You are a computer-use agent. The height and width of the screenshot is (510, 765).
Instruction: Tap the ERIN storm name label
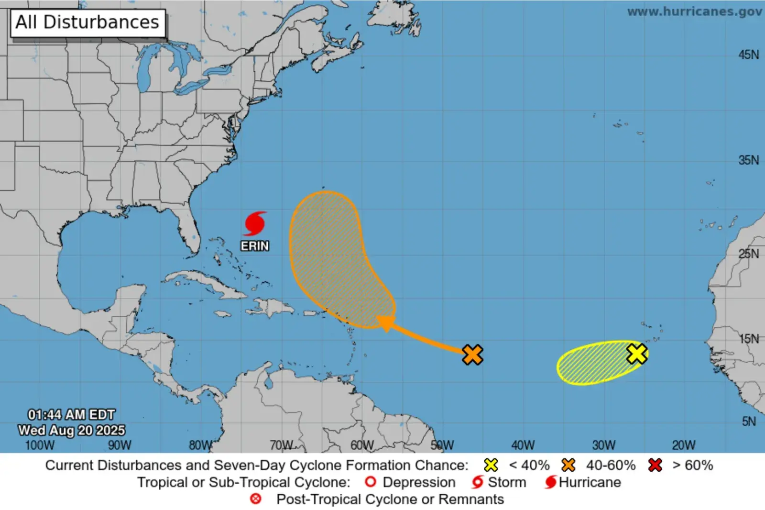point(255,246)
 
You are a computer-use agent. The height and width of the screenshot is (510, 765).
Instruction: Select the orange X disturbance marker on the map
point(472,355)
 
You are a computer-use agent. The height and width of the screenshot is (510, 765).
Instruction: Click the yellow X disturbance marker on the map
point(637,354)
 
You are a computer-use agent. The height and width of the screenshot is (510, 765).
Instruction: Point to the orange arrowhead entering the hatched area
point(385,323)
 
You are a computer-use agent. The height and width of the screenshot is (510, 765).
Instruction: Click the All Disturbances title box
point(87,22)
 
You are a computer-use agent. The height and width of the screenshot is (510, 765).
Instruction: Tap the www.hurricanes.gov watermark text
point(694,11)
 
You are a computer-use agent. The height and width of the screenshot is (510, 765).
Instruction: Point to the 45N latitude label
point(748,55)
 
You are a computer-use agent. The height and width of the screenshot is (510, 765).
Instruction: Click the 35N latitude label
point(748,160)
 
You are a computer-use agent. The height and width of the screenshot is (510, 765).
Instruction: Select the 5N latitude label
point(749,421)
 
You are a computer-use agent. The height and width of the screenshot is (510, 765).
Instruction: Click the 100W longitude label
point(40,445)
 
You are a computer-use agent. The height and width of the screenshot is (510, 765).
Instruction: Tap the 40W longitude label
point(523,445)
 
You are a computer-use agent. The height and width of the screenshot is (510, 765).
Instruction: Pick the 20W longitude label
point(684,445)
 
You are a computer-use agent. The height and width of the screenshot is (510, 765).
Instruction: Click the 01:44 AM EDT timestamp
point(72,414)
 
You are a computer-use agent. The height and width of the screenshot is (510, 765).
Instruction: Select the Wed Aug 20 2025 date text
point(72,430)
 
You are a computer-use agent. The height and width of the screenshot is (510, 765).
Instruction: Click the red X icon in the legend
point(655,465)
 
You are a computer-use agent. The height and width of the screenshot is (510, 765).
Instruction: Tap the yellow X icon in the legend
point(491,465)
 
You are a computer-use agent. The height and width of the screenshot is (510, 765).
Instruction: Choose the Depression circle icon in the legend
point(370,482)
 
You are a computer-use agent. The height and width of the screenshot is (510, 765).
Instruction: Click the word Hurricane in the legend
point(590,482)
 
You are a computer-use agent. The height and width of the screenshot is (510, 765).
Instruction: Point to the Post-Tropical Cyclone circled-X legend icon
point(256,499)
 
